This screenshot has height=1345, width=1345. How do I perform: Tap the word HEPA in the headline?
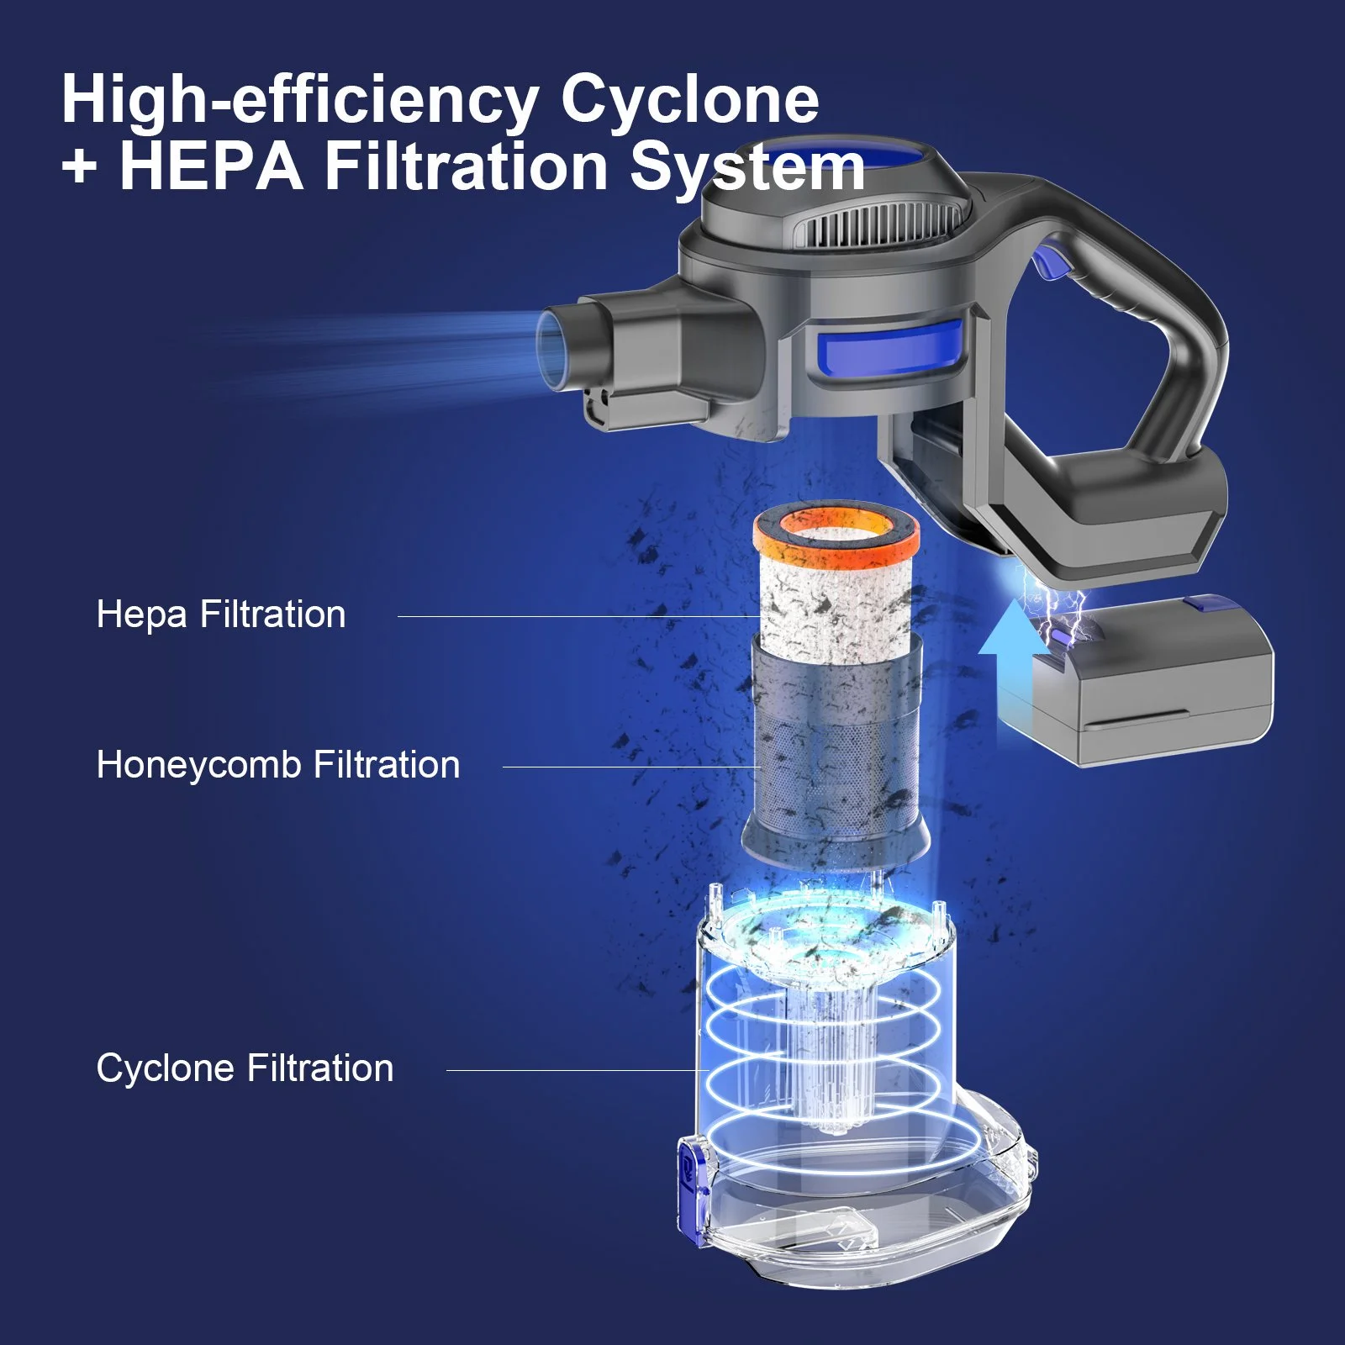[210, 166]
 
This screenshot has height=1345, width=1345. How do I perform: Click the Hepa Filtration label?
[221, 614]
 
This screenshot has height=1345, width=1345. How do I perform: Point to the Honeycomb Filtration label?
[278, 765]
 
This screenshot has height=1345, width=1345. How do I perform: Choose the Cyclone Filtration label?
[245, 1068]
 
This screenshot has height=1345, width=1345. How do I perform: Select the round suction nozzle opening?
[558, 340]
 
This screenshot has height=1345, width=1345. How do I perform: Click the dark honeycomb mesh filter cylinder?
[836, 757]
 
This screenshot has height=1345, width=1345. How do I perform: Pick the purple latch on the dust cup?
[691, 1185]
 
